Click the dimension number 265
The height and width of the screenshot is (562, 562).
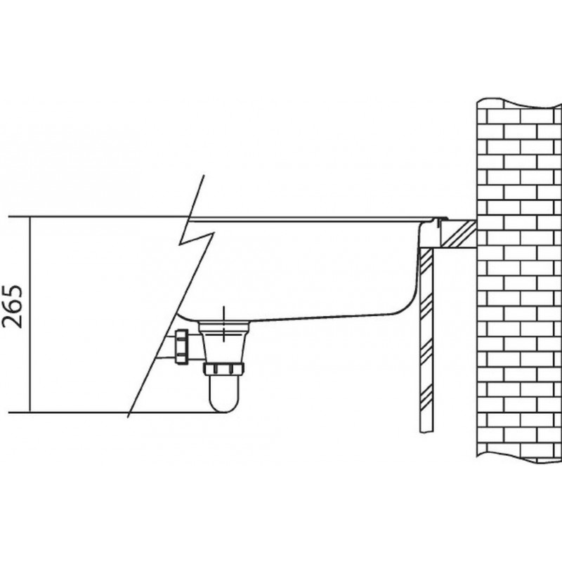pos(12,307)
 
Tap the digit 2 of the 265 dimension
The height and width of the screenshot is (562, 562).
pos(12,322)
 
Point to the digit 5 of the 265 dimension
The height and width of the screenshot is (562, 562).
pos(12,292)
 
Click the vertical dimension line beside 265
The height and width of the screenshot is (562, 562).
pos(30,315)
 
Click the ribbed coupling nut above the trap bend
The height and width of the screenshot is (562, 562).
pos(223,369)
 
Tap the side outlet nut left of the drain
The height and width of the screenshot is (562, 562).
pos(181,346)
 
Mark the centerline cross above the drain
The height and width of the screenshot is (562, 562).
pos(223,325)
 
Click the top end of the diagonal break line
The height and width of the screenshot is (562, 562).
pos(204,175)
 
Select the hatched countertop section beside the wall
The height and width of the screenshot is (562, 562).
pos(459,233)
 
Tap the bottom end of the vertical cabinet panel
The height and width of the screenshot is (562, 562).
pos(426,433)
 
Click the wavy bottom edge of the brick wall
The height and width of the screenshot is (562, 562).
pos(519,459)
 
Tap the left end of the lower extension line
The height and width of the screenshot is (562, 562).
pos(8,413)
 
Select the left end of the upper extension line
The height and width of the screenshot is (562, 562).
pos(8,217)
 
